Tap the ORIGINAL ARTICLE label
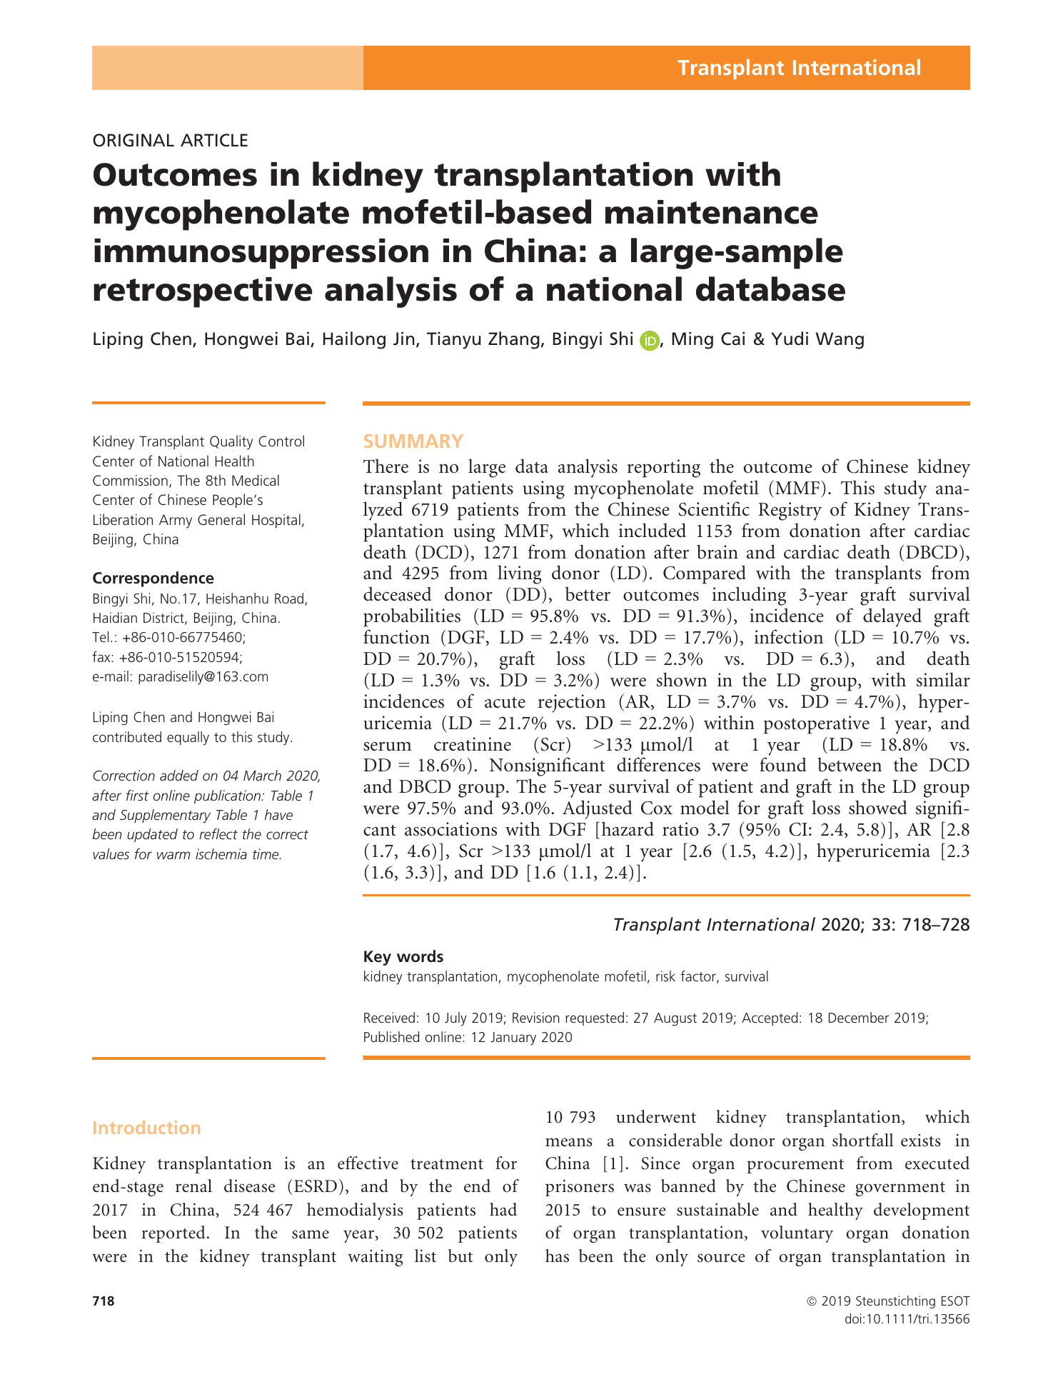click(170, 141)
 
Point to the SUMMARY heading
click(413, 441)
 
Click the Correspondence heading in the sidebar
click(153, 579)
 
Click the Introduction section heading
click(146, 1128)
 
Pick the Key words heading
click(403, 957)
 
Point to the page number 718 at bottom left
click(103, 1301)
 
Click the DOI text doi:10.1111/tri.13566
click(907, 1319)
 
